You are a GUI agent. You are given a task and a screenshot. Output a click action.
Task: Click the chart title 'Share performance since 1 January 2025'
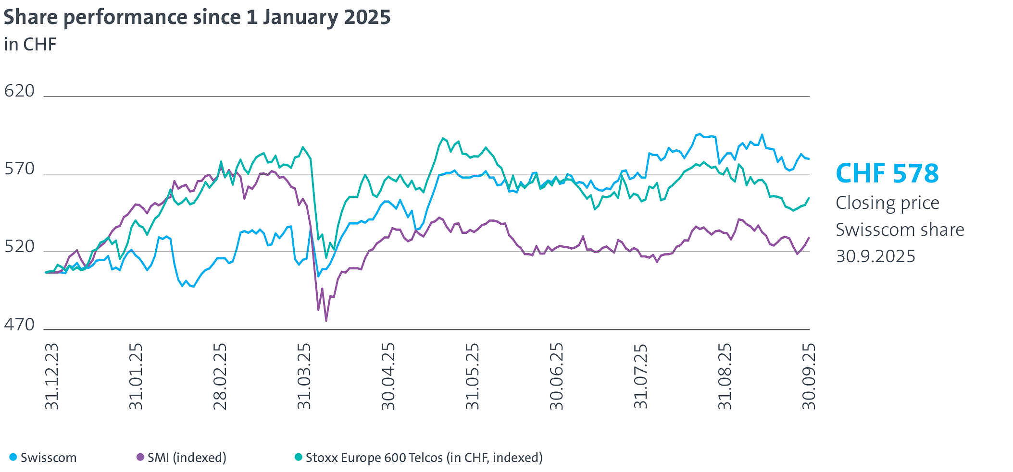(197, 17)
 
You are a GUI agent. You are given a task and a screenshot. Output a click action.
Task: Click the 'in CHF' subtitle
(30, 45)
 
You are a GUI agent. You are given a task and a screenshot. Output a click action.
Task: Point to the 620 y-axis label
(20, 91)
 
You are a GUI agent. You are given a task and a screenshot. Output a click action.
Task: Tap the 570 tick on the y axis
(20, 169)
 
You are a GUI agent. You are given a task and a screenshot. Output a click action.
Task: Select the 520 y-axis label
(20, 247)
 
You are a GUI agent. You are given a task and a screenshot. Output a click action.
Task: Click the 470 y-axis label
(20, 325)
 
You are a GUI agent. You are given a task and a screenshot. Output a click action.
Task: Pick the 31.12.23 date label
(51, 376)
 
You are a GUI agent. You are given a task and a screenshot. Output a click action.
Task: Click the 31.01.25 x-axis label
(136, 376)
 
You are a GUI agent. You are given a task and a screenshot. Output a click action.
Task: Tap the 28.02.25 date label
(220, 376)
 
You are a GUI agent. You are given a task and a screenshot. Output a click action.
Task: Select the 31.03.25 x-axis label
(304, 376)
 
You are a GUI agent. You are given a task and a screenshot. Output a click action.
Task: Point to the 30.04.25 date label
(388, 376)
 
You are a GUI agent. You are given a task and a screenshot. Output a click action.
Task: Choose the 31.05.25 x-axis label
(473, 376)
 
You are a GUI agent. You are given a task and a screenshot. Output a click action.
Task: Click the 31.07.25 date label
(641, 376)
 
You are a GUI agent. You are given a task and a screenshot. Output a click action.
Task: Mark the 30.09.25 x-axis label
(809, 376)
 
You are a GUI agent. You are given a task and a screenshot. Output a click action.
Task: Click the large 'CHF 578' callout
(887, 173)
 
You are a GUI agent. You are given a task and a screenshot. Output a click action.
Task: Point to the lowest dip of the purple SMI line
(326, 320)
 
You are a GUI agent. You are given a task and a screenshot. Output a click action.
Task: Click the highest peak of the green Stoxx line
(443, 138)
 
